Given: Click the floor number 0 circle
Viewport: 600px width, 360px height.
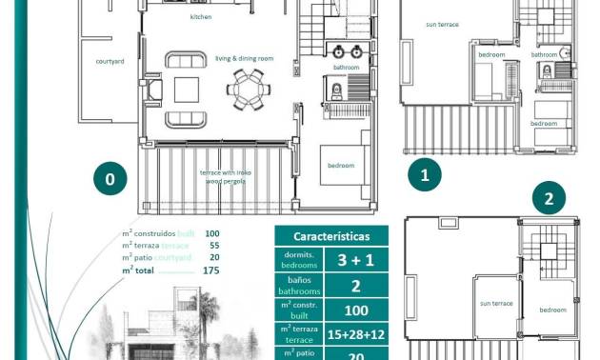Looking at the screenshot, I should tap(110, 178).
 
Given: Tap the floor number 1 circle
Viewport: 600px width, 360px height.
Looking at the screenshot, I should tap(425, 174).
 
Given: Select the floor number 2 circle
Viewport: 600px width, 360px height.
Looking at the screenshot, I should tap(549, 199).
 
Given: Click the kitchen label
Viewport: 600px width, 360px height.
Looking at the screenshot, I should tap(201, 17).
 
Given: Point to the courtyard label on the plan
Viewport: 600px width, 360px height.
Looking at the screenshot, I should tap(110, 62).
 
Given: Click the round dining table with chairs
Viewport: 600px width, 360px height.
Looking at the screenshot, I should tap(250, 91).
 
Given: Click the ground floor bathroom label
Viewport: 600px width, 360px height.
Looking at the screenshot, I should tap(346, 68).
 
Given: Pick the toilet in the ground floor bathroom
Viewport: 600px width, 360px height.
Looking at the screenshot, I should tap(336, 92).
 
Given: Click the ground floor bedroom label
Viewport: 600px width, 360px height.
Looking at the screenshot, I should tap(340, 166).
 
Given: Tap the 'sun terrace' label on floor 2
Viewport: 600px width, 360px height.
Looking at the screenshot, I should tap(495, 303).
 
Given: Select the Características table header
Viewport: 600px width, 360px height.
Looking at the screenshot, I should tap(331, 236).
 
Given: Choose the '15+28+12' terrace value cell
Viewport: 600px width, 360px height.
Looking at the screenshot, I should tap(354, 332).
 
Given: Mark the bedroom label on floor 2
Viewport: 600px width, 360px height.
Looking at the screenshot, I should tap(552, 310).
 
